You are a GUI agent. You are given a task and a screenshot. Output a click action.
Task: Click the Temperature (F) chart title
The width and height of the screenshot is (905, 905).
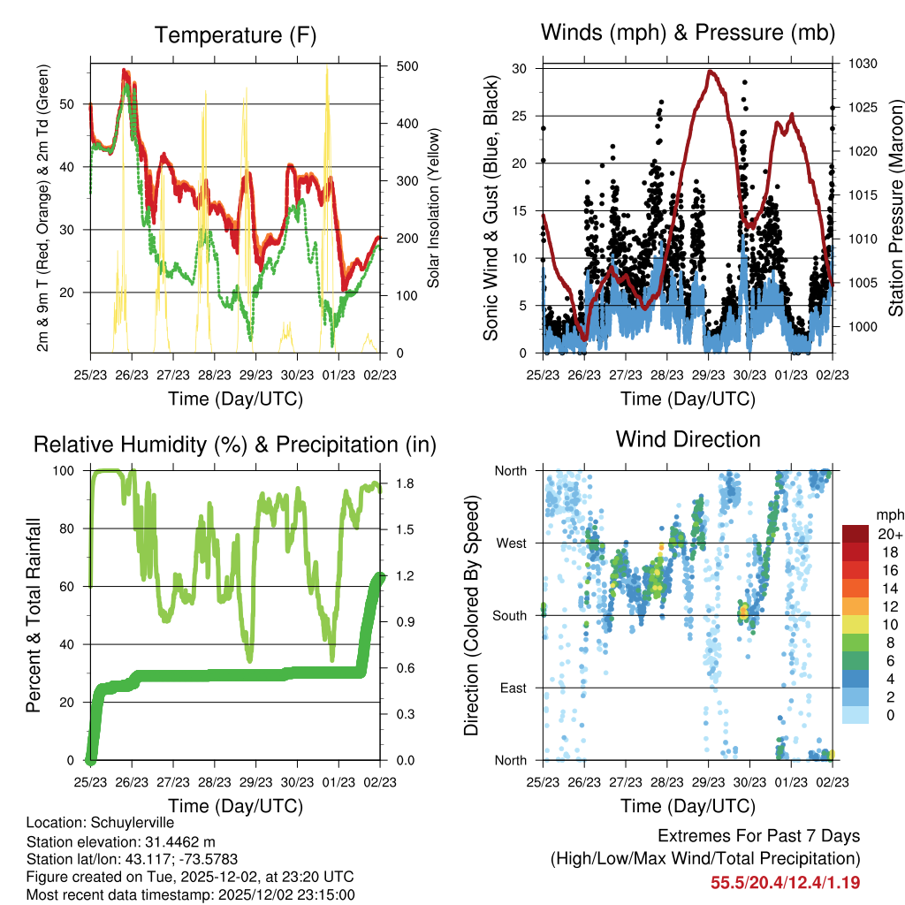click(235, 35)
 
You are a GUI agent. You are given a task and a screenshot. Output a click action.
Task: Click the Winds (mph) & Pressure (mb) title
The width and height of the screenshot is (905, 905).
click(688, 34)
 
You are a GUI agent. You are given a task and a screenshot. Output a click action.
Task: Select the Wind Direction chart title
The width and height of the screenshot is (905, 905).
click(688, 439)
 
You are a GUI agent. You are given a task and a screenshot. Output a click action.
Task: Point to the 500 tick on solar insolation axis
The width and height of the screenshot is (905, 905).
click(408, 67)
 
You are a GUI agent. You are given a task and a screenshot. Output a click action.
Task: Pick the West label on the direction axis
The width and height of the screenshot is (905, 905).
click(510, 543)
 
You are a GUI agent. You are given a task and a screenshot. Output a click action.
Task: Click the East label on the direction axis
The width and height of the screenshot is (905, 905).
click(512, 688)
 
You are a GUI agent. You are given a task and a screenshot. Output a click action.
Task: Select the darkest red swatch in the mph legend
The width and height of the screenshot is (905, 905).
click(855, 534)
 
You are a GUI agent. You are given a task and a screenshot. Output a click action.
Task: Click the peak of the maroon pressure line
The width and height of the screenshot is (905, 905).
click(711, 72)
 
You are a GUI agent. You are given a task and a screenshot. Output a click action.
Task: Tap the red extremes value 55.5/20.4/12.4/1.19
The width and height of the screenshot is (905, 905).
click(785, 882)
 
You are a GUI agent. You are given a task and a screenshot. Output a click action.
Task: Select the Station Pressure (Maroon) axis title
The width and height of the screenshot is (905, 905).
click(894, 209)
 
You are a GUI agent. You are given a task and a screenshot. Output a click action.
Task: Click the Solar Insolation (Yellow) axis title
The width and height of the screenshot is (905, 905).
click(434, 209)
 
